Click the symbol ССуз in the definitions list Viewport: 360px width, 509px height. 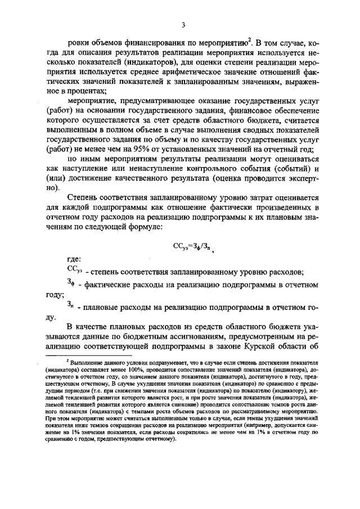[74, 270]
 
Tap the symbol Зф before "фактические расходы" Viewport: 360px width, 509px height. [71, 282]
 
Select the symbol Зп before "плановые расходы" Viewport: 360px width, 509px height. [71, 305]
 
